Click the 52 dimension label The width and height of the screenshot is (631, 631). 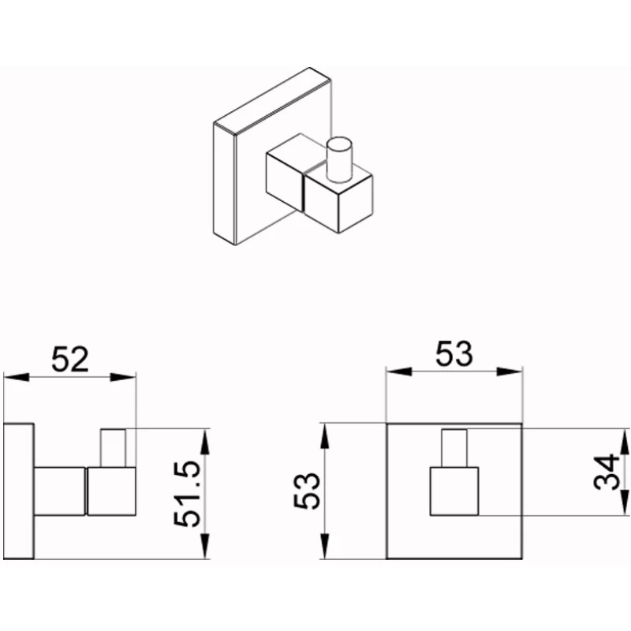click(70, 360)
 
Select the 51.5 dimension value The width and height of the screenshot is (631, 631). click(187, 495)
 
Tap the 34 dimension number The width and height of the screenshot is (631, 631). click(607, 472)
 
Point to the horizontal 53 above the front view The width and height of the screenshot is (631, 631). click(454, 353)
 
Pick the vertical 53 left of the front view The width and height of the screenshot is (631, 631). click(307, 491)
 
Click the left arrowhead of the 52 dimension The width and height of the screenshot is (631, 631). click(17, 377)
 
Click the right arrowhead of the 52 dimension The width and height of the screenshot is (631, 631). click(124, 377)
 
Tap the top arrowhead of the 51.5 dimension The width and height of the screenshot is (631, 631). click(205, 442)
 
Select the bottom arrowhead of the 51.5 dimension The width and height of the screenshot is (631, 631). click(205, 546)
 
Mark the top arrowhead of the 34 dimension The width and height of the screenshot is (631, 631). click(624, 442)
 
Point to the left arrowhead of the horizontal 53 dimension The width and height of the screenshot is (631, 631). click(399, 372)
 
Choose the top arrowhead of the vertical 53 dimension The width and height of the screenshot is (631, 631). click(325, 436)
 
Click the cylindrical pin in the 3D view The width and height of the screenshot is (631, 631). click(339, 160)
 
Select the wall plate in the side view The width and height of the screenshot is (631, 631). click(18, 491)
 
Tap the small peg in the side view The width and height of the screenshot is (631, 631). click(113, 448)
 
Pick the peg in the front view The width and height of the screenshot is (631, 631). click(454, 448)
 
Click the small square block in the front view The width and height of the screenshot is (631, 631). click(454, 491)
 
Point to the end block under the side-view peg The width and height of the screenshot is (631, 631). click(111, 491)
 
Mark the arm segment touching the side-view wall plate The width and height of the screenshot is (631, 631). click(60, 491)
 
